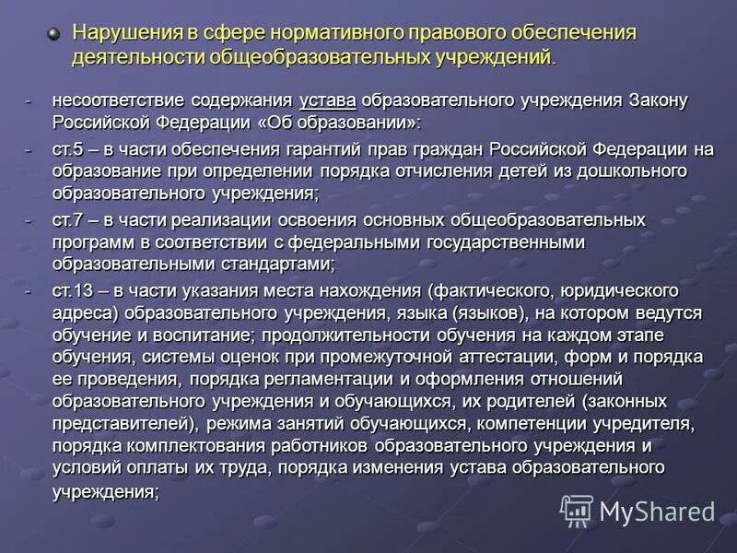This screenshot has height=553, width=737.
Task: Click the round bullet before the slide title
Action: tap(53, 34)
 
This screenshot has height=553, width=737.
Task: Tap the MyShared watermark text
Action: tap(657, 512)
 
